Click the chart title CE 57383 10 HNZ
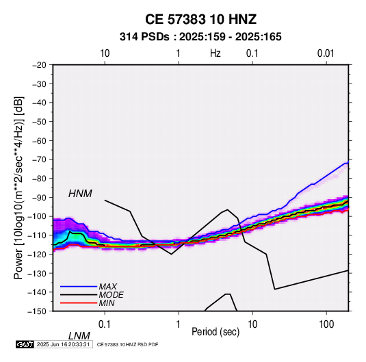(200, 19)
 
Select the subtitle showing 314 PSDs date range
(200, 37)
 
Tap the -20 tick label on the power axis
(39, 65)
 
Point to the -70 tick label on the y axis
(39, 159)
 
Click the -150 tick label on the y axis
(37, 311)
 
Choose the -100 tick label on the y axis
(37, 216)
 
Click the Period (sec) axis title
(215, 332)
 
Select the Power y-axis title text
(18, 188)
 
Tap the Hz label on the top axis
(215, 53)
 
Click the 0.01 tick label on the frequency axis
(326, 53)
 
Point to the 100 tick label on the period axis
(326, 324)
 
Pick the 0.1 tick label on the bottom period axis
(105, 324)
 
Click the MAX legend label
(107, 286)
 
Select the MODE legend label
(111, 295)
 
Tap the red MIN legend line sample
(79, 303)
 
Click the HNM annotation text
(80, 194)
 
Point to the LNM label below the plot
(79, 336)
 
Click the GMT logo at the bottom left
(25, 344)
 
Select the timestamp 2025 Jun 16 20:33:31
(63, 344)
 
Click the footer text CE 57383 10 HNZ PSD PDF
(127, 344)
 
